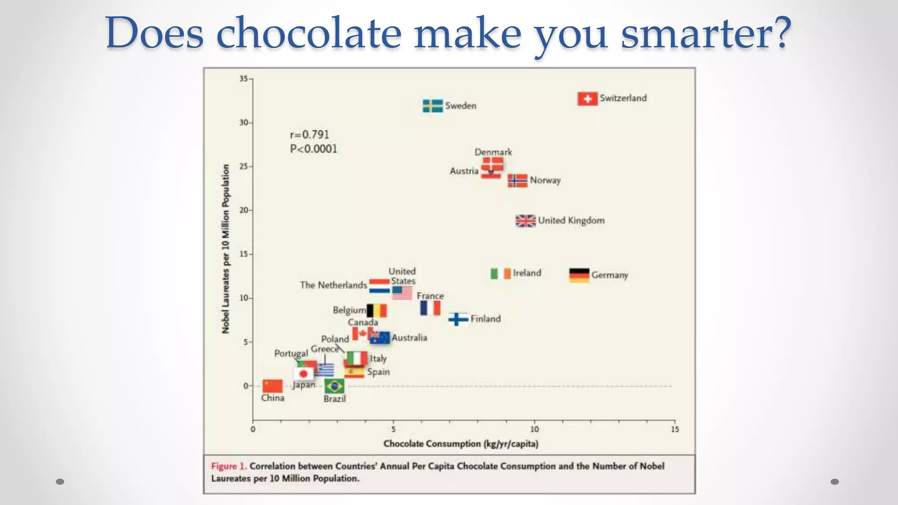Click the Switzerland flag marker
coord(587,99)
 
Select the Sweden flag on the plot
coord(432,106)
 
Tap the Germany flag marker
coord(579,275)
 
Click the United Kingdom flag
coord(525,221)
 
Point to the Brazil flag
coord(334,386)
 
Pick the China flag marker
coord(272,386)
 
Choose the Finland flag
coord(458,319)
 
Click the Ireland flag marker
coord(500,274)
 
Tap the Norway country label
coord(545,180)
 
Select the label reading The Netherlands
coord(333,285)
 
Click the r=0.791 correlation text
coord(309,135)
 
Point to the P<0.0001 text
coord(314,149)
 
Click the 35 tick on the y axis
coord(244,79)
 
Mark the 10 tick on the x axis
coord(534,429)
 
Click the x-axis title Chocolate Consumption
coord(460,444)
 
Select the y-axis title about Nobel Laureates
coord(226,249)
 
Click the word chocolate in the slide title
coord(309,33)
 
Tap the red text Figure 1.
coord(228,466)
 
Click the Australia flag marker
coord(380,338)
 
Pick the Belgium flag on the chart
coord(377,310)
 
